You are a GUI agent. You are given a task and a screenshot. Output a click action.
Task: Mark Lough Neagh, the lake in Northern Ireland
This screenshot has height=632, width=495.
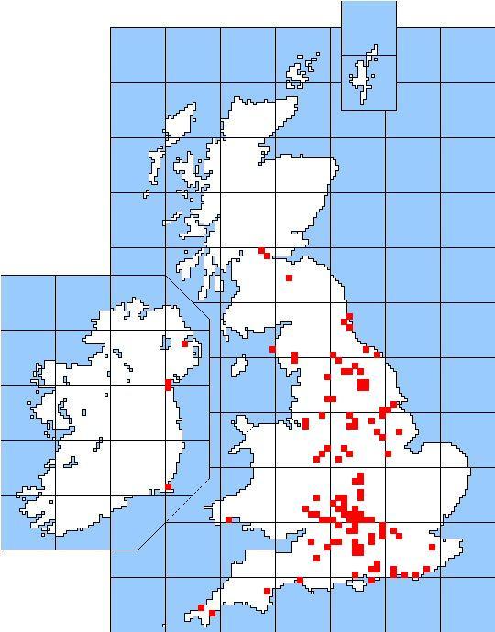[166, 343]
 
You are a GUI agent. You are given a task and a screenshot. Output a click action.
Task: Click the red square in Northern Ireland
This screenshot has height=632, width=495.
[184, 343]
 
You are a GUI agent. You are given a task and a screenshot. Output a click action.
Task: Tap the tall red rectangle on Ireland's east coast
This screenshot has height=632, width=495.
[168, 385]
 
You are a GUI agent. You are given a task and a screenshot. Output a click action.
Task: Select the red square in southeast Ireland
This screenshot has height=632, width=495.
[168, 486]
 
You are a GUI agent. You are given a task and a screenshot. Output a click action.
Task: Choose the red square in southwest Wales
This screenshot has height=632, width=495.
[228, 519]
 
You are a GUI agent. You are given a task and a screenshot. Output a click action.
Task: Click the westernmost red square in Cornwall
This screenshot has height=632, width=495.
[202, 607]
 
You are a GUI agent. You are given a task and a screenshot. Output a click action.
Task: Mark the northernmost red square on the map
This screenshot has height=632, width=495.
[261, 250]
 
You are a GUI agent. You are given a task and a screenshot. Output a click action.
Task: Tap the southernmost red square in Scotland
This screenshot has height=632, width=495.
[289, 278]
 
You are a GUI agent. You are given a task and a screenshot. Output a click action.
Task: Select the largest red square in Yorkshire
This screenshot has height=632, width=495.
[363, 385]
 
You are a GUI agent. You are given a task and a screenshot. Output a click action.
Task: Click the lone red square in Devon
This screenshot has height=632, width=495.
[267, 591]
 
